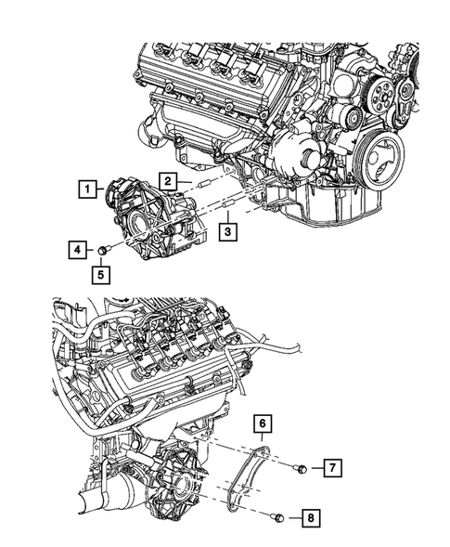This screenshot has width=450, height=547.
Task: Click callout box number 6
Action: click(x=264, y=426)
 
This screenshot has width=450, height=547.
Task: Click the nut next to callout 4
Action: click(x=105, y=249)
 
